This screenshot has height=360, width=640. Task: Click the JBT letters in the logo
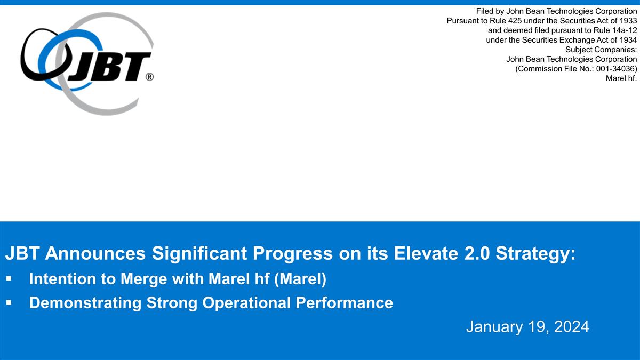click(x=109, y=67)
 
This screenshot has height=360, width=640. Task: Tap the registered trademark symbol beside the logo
click(x=149, y=77)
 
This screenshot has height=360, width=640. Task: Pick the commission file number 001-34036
click(x=615, y=69)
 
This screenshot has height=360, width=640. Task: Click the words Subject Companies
click(x=601, y=50)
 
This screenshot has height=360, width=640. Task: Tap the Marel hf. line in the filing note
click(x=621, y=78)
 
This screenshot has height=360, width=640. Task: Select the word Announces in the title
click(x=95, y=253)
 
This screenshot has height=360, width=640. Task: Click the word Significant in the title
click(x=199, y=254)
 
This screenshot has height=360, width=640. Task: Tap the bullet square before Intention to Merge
click(x=9, y=278)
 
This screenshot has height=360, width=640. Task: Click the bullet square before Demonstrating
click(x=9, y=302)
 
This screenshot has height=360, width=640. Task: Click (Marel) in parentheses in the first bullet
click(x=300, y=279)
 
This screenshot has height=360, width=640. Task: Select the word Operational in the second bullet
click(x=246, y=303)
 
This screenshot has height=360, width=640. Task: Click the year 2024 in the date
click(x=571, y=326)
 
